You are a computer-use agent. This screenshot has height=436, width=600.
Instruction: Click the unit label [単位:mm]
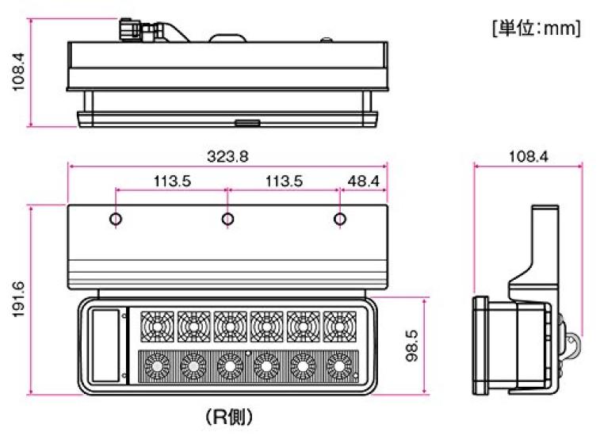tap(537, 29)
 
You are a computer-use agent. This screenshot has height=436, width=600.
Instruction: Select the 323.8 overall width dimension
tap(227, 157)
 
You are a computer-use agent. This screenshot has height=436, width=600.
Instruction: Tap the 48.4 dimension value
tap(363, 181)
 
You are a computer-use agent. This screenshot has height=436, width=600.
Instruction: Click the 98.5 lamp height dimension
tap(411, 346)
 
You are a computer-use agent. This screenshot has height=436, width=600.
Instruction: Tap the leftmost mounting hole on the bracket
tap(117, 219)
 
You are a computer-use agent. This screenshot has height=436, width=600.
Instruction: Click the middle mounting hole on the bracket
tap(227, 219)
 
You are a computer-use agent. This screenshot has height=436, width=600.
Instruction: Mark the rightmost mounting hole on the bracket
tap(339, 219)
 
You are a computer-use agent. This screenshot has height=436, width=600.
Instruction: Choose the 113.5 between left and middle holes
tap(172, 181)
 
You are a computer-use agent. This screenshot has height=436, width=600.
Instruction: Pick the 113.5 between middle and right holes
tap(283, 181)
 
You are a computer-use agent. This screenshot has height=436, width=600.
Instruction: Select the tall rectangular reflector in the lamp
tap(104, 346)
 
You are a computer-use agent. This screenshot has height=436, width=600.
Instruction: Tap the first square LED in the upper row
tap(156, 325)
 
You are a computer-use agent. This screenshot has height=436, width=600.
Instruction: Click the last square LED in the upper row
tap(339, 325)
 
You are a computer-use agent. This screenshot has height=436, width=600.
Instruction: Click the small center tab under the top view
tap(245, 123)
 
